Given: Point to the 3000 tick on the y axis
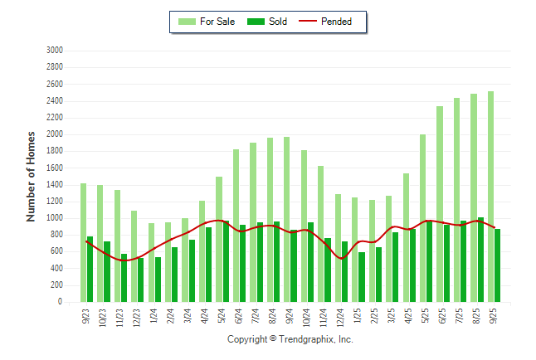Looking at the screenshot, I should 55,50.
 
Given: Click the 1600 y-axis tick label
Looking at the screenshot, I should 55,168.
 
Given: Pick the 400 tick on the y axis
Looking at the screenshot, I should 57,269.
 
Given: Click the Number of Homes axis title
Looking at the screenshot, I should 31,176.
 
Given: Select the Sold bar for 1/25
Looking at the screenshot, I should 362,277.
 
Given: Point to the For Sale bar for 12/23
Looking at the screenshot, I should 134,256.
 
